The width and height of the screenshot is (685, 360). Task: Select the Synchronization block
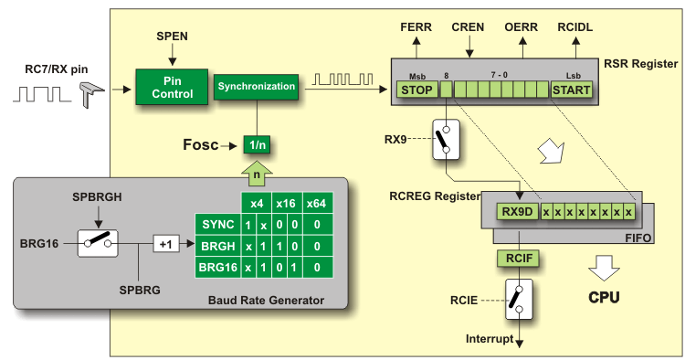pos(257,87)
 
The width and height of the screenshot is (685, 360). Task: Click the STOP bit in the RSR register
pos(416,90)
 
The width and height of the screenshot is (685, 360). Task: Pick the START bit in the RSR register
pos(572,90)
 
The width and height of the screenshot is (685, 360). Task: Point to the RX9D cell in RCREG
pos(516,213)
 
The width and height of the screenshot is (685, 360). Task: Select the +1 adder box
pos(165,245)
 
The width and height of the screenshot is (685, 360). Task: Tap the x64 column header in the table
pos(317,203)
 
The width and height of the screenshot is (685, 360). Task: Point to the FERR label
pos(417,28)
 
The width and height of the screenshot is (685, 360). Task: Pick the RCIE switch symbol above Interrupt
pos(518,299)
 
